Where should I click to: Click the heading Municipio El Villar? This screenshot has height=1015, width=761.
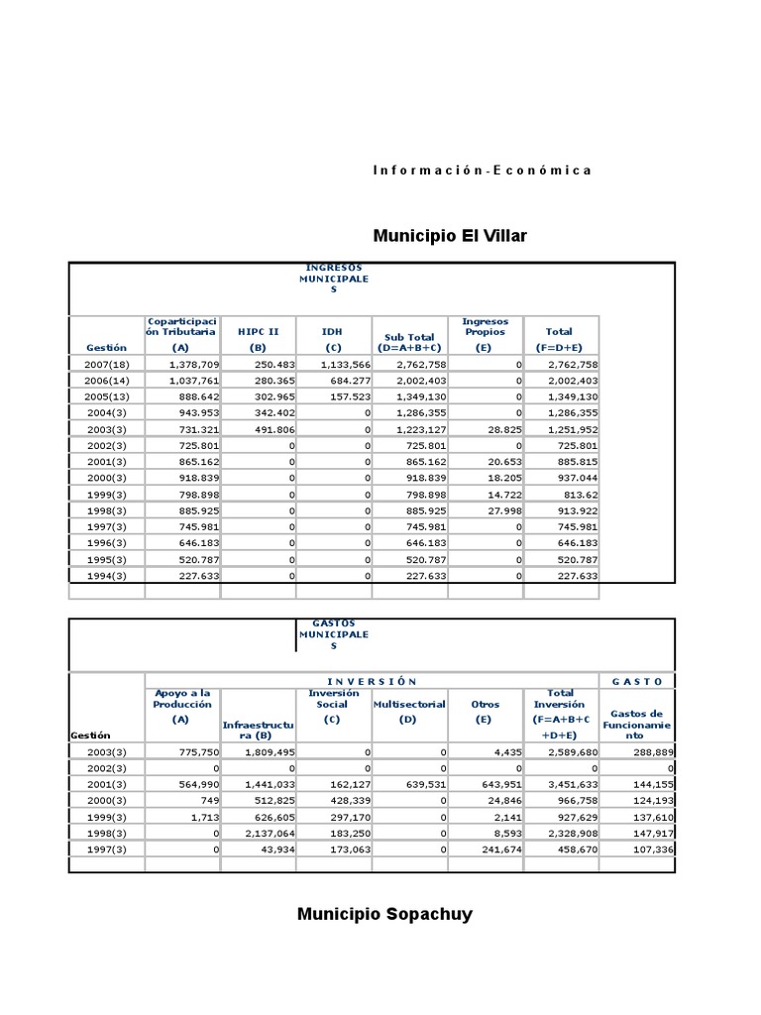tap(450, 236)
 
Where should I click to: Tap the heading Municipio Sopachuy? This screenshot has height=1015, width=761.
tap(384, 914)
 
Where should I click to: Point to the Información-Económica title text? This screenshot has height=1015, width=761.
tap(482, 170)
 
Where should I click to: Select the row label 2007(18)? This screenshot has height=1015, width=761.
tap(107, 365)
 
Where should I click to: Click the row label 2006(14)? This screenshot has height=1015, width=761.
tap(107, 381)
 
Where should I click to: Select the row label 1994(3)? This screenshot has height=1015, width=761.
tap(106, 575)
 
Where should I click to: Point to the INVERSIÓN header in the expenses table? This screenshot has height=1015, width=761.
tap(371, 681)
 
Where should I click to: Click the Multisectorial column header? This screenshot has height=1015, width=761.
tap(409, 704)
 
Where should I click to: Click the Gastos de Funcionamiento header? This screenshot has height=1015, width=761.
tap(636, 725)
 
